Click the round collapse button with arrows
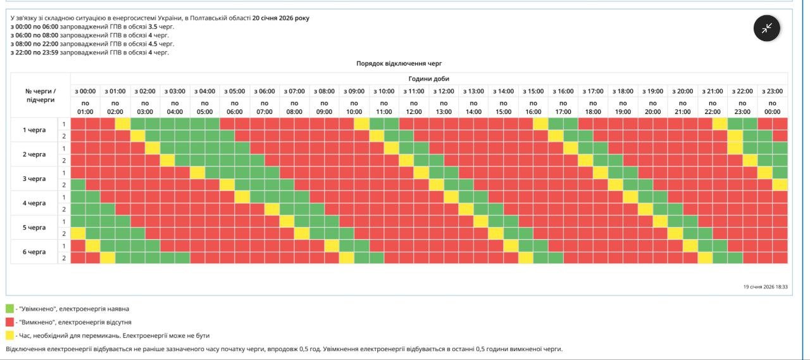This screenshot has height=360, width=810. pyautogui.click(x=766, y=28)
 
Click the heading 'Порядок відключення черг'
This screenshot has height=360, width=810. pyautogui.click(x=399, y=64)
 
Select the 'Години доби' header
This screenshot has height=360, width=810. pyautogui.click(x=428, y=78)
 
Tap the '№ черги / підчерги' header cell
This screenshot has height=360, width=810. pyautogui.click(x=40, y=96)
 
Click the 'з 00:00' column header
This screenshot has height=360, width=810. pyautogui.click(x=85, y=91)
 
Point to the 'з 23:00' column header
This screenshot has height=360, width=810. pyautogui.click(x=772, y=91)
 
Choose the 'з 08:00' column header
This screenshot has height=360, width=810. pyautogui.click(x=324, y=91)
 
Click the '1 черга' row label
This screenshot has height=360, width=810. pyautogui.click(x=34, y=130)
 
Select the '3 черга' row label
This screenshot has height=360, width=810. pyautogui.click(x=34, y=178)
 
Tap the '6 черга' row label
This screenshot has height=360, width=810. pyautogui.click(x=34, y=252)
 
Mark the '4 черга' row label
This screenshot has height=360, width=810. pyautogui.click(x=34, y=203)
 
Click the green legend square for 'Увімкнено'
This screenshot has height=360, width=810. pyautogui.click(x=9, y=309)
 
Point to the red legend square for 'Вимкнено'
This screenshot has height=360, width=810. pyautogui.click(x=9, y=322)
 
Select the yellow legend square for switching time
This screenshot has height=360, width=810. pyautogui.click(x=9, y=335)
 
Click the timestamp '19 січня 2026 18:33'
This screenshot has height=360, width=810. pyautogui.click(x=765, y=287)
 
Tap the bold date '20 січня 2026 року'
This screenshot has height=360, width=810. pyautogui.click(x=281, y=18)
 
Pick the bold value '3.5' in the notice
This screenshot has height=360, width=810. pyautogui.click(x=153, y=27)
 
